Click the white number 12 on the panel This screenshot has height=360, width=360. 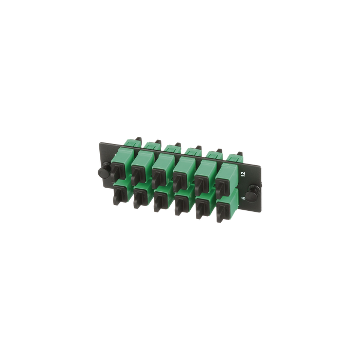pyautogui.click(x=244, y=174)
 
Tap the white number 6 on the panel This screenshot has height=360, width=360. pyautogui.click(x=244, y=198)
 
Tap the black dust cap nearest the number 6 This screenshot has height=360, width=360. pyautogui.click(x=222, y=212)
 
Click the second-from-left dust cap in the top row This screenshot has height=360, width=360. pyautogui.click(x=137, y=174)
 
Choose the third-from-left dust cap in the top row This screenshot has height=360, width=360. pyautogui.click(x=158, y=176)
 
